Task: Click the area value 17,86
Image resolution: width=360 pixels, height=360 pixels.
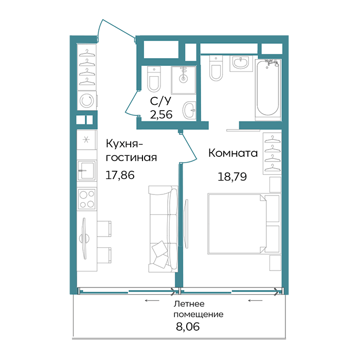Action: (120, 175)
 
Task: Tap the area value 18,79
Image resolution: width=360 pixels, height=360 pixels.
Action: (232, 177)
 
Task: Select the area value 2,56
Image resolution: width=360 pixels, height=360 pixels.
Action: (161, 114)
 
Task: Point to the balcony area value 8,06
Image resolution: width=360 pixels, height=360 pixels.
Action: (188, 327)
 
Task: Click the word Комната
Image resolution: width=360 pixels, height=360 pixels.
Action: (233, 153)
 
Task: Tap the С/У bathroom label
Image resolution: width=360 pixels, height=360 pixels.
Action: (160, 101)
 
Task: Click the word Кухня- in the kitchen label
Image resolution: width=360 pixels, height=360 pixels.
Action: (124, 144)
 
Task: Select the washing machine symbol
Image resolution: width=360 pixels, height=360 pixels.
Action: (87, 101)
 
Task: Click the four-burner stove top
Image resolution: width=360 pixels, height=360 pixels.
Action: (87, 199)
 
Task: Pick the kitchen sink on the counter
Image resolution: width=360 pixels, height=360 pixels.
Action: (86, 170)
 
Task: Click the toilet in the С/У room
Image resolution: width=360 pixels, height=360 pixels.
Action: (154, 79)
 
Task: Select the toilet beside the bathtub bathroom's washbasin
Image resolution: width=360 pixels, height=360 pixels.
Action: (216, 68)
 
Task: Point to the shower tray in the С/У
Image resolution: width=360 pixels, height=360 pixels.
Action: (184, 80)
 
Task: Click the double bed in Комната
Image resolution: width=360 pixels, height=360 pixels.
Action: (244, 224)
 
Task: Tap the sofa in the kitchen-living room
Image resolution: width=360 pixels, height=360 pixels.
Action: (163, 229)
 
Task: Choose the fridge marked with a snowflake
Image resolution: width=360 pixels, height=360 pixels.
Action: (86, 139)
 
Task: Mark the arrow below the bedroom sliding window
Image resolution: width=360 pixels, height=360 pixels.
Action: (255, 300)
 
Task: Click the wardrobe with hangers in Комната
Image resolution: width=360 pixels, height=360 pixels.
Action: (272, 153)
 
